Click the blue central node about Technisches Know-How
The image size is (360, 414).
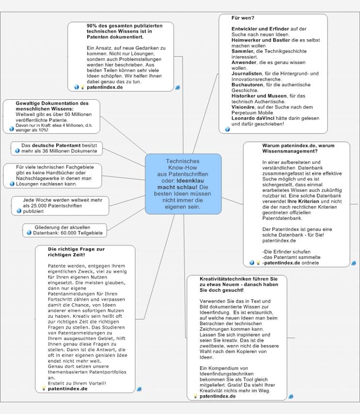click(x=183, y=184)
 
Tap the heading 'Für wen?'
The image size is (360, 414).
click(x=243, y=18)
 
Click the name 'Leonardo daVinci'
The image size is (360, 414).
click(x=253, y=118)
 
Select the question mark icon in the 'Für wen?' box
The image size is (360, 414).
click(x=227, y=129)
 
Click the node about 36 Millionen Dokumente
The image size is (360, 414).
click(x=57, y=148)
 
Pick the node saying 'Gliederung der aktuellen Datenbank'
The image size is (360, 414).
click(x=65, y=230)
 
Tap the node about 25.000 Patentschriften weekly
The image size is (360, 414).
click(x=60, y=206)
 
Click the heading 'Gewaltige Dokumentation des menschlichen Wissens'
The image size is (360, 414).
click(x=52, y=106)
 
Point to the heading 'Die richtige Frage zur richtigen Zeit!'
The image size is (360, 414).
click(x=77, y=252)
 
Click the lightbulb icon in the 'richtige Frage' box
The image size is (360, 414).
click(x=44, y=388)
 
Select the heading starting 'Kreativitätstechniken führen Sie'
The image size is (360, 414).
click(x=239, y=284)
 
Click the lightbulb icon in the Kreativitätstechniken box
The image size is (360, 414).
click(x=195, y=396)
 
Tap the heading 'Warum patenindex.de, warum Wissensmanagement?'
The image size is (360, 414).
click(x=298, y=148)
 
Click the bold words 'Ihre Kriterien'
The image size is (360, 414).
click(x=303, y=201)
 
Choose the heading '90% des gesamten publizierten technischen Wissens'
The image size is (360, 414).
click(x=125, y=31)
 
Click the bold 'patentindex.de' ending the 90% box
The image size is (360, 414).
click(x=105, y=87)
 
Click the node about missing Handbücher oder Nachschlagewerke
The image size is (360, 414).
click(x=52, y=176)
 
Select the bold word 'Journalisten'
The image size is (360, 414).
click(x=247, y=74)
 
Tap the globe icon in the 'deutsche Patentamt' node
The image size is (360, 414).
click(x=17, y=151)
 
